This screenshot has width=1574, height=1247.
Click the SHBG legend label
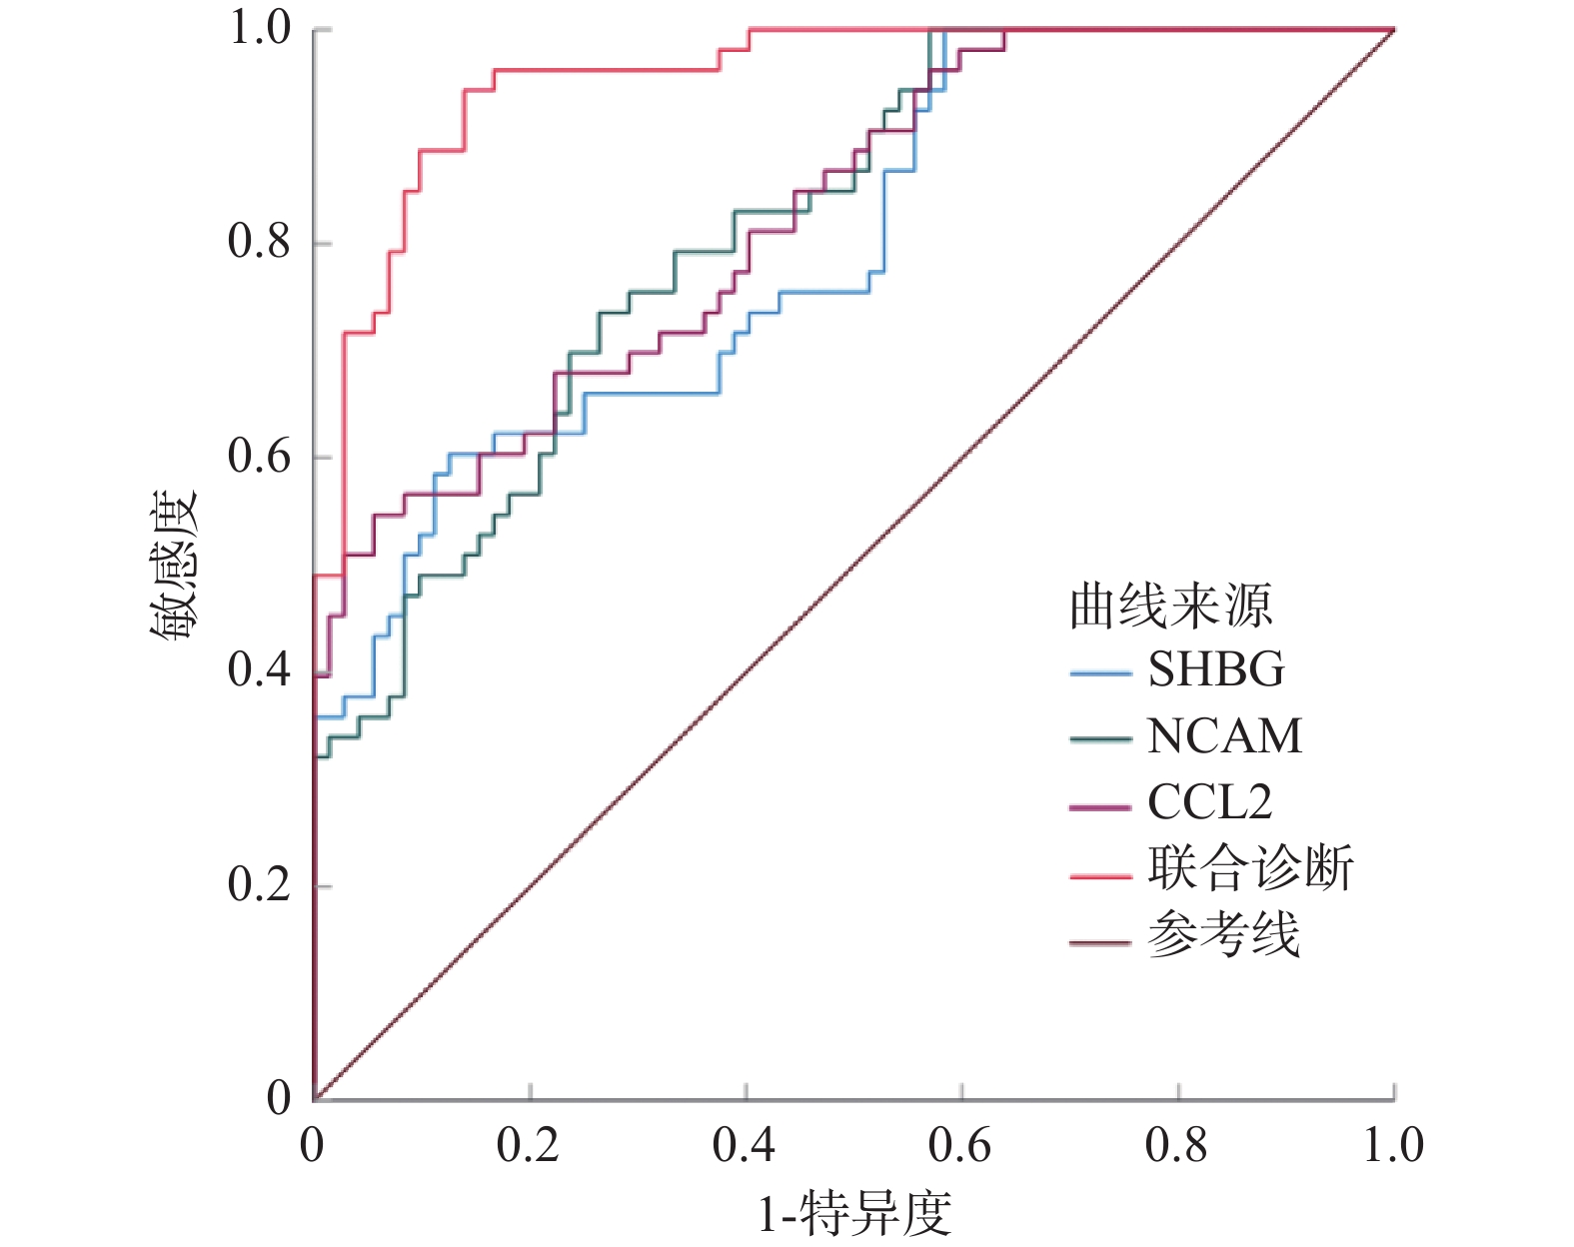[x=1215, y=669]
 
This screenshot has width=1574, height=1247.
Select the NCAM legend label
[x=1224, y=736]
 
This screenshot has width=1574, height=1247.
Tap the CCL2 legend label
[x=1209, y=802]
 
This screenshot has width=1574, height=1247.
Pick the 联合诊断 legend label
[x=1250, y=868]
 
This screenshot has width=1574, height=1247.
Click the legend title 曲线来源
[x=1170, y=606]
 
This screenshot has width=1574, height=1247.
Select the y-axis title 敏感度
[x=175, y=565]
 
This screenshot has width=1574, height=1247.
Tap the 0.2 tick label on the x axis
[x=529, y=1145]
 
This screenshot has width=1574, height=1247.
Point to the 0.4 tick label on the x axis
[x=745, y=1145]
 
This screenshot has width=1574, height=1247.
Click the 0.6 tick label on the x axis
[x=960, y=1145]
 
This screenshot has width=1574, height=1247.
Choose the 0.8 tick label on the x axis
[x=1176, y=1145]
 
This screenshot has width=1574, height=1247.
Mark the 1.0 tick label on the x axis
[x=1393, y=1145]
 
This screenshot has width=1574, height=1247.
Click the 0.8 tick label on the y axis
[x=259, y=242]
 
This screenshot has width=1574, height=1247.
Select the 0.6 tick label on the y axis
[x=259, y=457]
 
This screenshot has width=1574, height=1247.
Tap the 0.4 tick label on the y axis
[x=259, y=670]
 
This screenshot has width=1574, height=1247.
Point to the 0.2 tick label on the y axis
[x=259, y=884]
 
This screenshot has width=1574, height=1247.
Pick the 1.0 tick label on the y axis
[x=259, y=28]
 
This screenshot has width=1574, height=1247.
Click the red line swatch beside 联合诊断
[x=1099, y=875]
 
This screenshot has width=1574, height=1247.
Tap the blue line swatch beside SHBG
[x=1099, y=674]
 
